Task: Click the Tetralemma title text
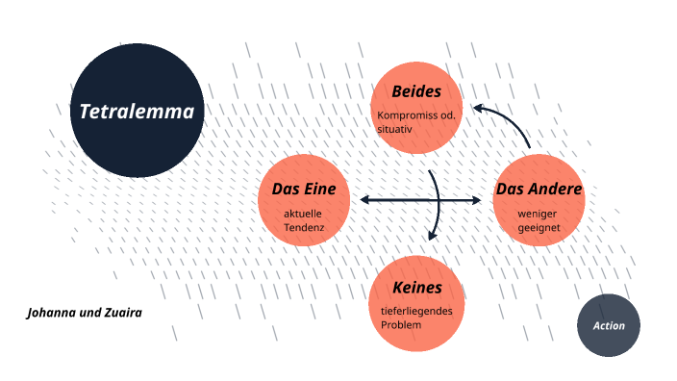click(137, 112)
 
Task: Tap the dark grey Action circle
click(608, 326)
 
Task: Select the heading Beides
click(416, 92)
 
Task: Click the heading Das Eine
click(304, 189)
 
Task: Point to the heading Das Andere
click(539, 189)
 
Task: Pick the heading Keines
click(416, 288)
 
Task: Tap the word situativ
click(396, 128)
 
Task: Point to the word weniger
click(538, 213)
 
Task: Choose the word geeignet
click(538, 227)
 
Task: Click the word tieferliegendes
click(416, 311)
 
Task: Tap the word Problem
click(401, 324)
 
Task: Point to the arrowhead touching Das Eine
click(366, 200)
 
